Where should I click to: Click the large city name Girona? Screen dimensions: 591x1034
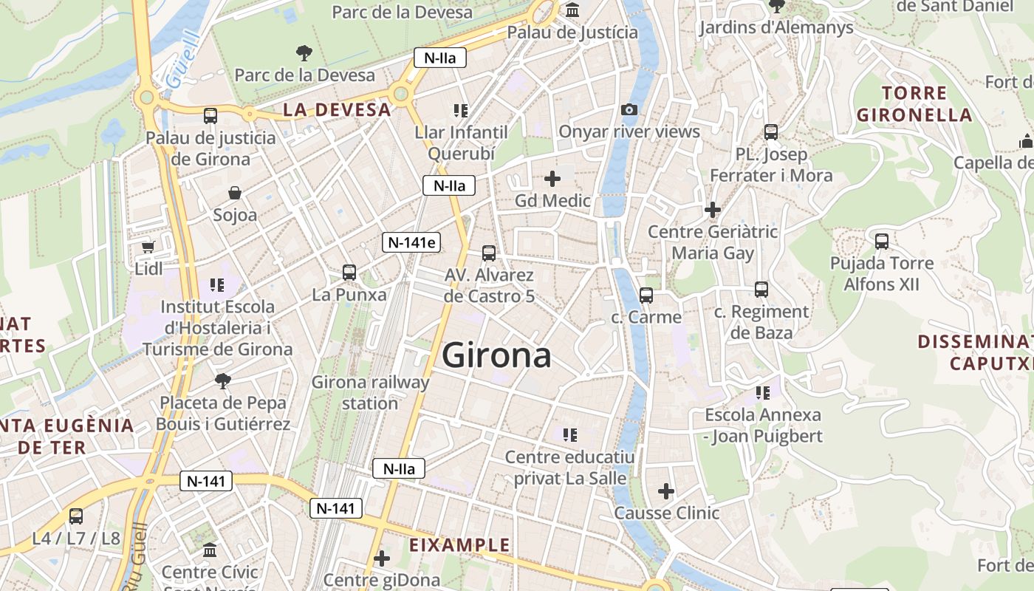click(x=496, y=356)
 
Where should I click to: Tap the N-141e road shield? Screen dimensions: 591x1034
click(x=411, y=242)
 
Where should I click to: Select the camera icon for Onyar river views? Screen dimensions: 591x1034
click(x=629, y=109)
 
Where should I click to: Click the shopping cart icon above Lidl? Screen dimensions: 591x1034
click(x=148, y=247)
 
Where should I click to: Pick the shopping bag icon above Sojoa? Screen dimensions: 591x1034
click(x=235, y=193)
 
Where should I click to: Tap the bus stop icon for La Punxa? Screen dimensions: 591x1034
click(x=349, y=272)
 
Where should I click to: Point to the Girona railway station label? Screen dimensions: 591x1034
click(x=370, y=392)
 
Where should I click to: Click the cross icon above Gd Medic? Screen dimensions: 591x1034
click(x=552, y=178)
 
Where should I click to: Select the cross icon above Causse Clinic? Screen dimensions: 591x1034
click(x=666, y=491)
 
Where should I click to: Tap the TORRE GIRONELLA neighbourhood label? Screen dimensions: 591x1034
click(x=914, y=104)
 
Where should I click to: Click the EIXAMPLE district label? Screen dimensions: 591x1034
click(x=460, y=545)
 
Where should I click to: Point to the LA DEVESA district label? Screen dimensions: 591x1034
click(x=337, y=110)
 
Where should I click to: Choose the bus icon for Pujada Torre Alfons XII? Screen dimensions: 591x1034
click(x=881, y=241)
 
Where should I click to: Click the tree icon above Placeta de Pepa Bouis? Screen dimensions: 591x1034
click(x=222, y=381)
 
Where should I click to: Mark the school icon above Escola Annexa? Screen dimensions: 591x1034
click(x=762, y=393)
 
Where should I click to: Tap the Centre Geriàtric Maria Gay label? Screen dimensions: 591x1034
click(x=713, y=242)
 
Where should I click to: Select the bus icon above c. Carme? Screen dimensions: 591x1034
click(x=646, y=295)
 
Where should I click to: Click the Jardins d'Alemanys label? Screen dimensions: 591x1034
click(x=775, y=28)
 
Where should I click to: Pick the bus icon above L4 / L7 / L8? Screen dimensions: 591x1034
click(x=76, y=516)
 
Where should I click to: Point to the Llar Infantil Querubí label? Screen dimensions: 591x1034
click(x=461, y=143)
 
